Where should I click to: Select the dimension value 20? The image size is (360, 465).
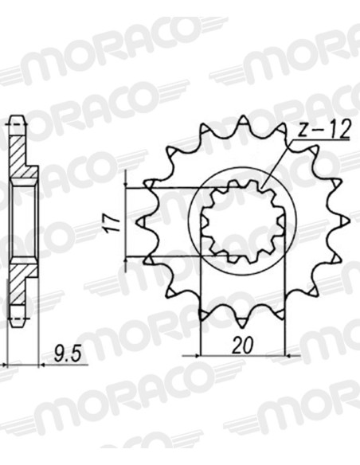point(243,346)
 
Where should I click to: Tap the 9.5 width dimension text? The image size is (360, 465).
point(68,354)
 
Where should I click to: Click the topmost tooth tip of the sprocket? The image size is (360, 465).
point(243,116)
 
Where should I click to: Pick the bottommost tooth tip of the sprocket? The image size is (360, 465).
point(243,327)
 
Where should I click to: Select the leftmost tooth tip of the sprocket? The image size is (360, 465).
point(137,221)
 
